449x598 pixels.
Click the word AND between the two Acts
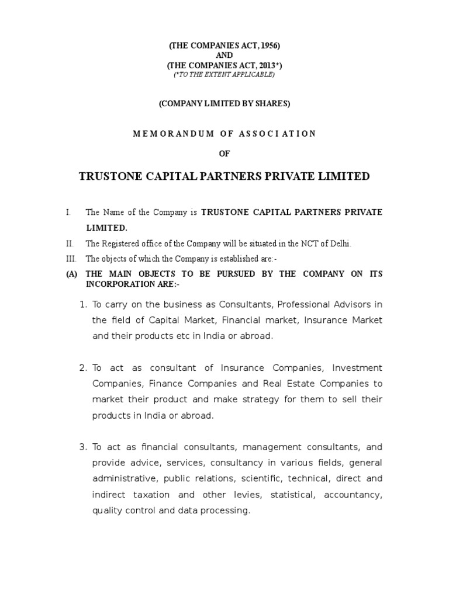click(x=224, y=55)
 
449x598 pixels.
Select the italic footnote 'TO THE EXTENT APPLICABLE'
click(x=224, y=74)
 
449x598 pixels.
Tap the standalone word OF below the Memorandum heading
click(x=224, y=154)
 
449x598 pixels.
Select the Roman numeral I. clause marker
click(x=68, y=212)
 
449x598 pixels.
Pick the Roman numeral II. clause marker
click(x=69, y=244)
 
